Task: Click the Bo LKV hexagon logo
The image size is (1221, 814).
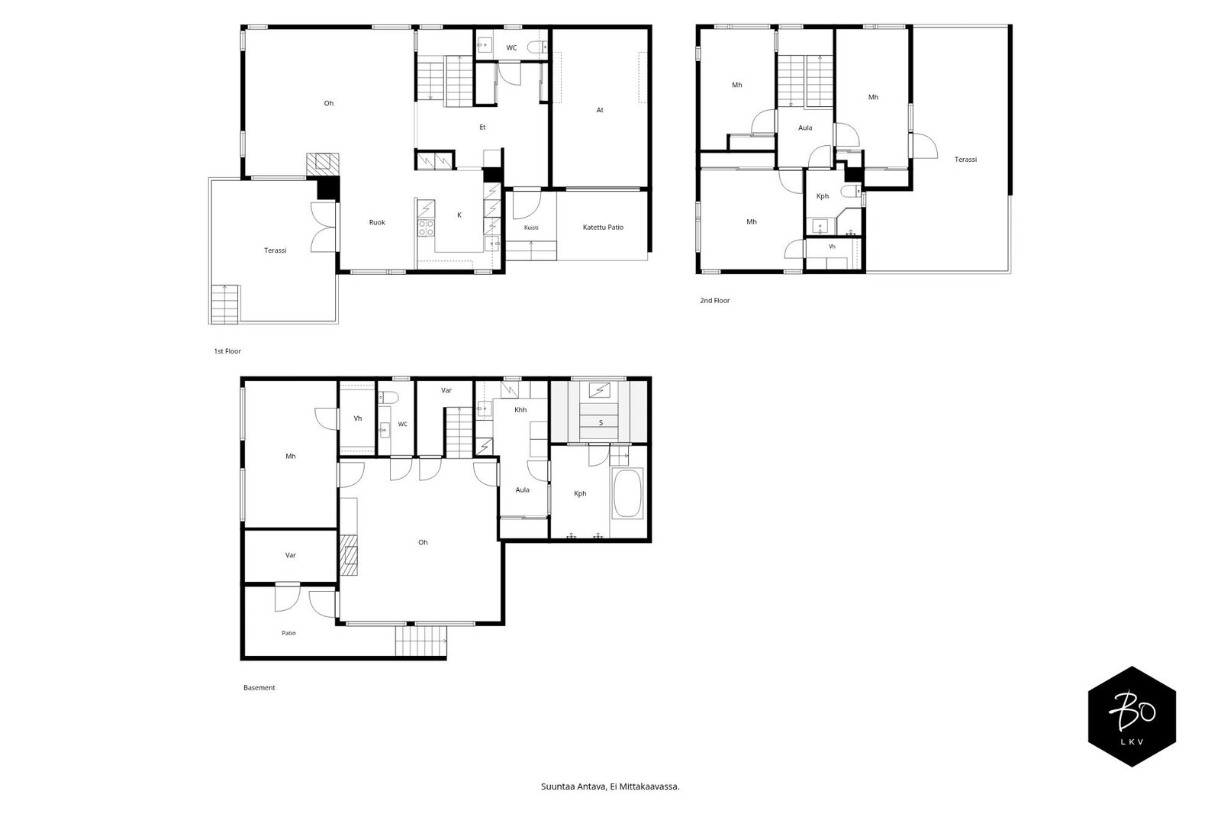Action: click(1132, 716)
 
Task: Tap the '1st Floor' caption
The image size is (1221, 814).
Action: click(227, 351)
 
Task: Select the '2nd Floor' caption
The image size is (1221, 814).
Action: click(714, 301)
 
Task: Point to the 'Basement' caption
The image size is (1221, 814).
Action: click(259, 688)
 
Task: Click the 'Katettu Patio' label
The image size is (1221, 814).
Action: click(603, 228)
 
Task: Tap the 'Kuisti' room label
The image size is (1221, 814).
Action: click(531, 228)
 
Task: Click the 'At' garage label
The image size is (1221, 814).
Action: click(600, 110)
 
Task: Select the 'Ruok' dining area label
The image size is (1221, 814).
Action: click(377, 223)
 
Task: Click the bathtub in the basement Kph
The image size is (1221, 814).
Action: click(627, 493)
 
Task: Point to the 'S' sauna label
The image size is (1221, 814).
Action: click(601, 423)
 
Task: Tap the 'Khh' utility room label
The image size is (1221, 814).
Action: click(520, 410)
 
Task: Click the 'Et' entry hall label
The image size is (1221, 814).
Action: click(482, 127)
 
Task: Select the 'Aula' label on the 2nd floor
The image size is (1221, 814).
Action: click(805, 128)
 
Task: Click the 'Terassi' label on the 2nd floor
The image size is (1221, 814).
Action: click(965, 160)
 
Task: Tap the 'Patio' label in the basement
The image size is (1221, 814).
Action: click(288, 634)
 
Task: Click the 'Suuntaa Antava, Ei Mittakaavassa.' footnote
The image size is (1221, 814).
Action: click(610, 787)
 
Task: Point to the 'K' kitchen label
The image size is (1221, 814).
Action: click(459, 215)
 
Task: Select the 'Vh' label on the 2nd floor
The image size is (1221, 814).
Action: click(832, 247)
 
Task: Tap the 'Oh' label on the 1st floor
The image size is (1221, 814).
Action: click(329, 103)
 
